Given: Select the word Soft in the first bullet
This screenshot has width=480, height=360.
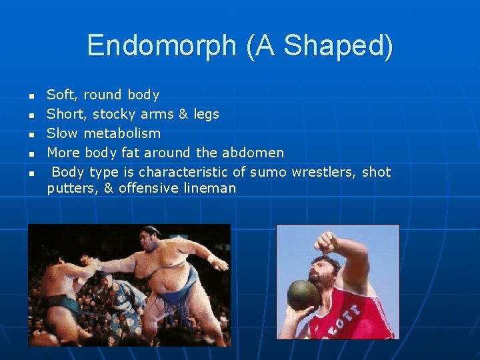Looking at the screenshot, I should (60, 95).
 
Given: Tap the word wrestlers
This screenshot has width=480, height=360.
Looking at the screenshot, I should (323, 172).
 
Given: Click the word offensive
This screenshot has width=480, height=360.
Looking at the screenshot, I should (146, 188).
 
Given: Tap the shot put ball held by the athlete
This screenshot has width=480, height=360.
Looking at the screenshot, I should (303, 294).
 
